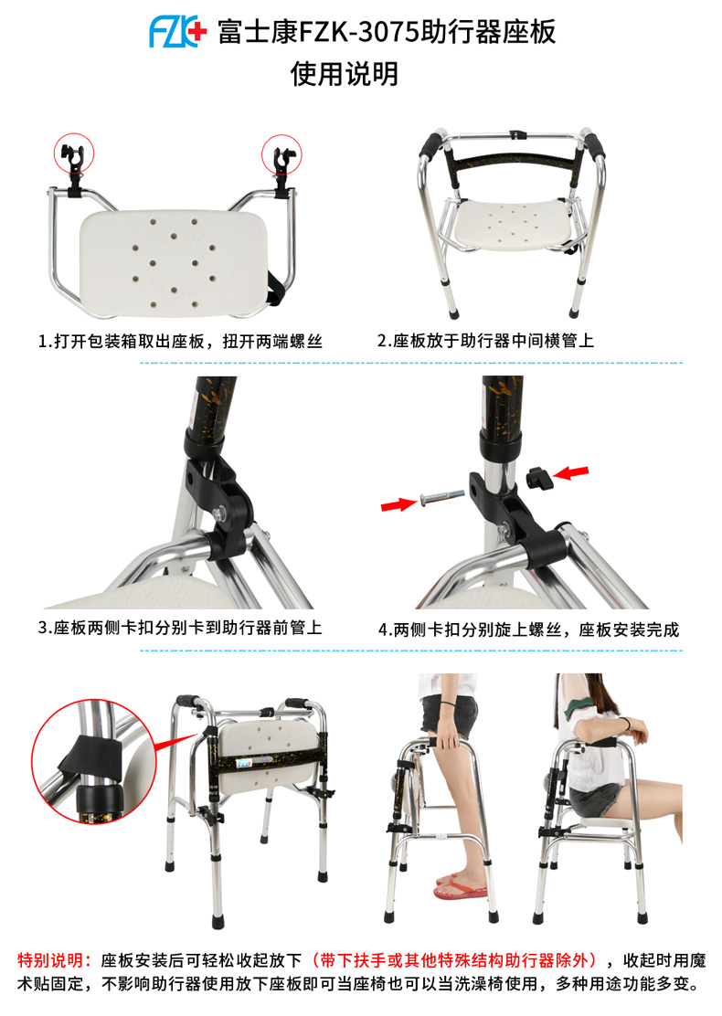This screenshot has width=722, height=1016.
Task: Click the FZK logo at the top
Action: click(177, 32)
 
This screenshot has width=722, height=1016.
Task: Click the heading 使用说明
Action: click(345, 74)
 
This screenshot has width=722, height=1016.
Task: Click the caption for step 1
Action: click(180, 342)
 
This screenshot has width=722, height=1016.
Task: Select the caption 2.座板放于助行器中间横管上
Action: click(485, 341)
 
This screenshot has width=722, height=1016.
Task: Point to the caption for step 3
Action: click(180, 627)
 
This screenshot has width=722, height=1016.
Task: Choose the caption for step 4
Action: click(528, 630)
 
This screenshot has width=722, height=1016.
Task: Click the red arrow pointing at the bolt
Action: click(398, 503)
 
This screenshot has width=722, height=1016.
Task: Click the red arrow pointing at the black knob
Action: click(571, 473)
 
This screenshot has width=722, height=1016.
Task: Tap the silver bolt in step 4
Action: click(442, 498)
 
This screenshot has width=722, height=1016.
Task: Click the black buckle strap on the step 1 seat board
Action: click(277, 288)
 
